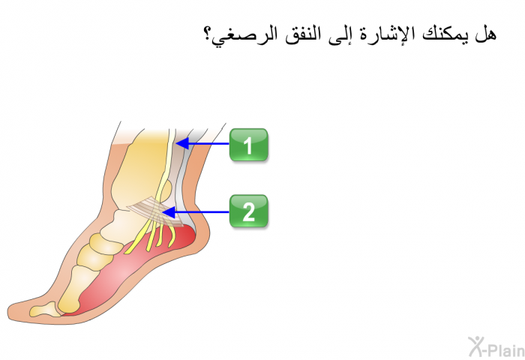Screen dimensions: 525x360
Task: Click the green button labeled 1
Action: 248,145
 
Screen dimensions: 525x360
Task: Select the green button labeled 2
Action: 248,211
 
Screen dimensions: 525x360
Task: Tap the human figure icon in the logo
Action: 475,346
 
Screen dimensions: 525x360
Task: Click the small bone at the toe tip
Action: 43,310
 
